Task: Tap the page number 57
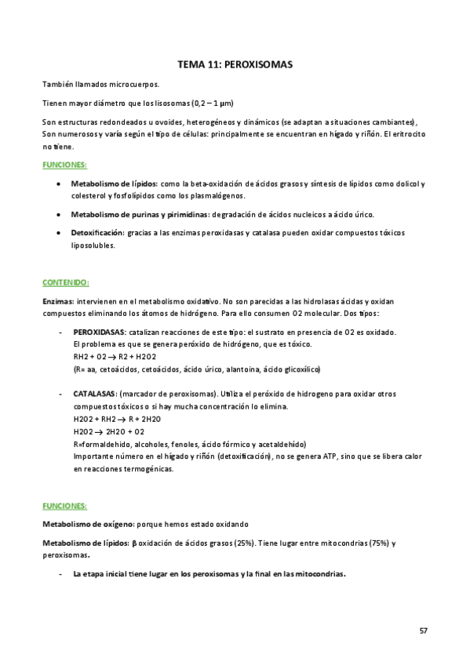tap(424, 630)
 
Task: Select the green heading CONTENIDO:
tap(65, 282)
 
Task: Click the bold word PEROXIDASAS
tap(98, 332)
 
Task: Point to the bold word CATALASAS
tap(94, 394)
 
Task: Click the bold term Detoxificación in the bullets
tap(97, 233)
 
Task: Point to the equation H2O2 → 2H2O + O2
tap(107, 431)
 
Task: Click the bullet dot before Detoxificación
tap(60, 233)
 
